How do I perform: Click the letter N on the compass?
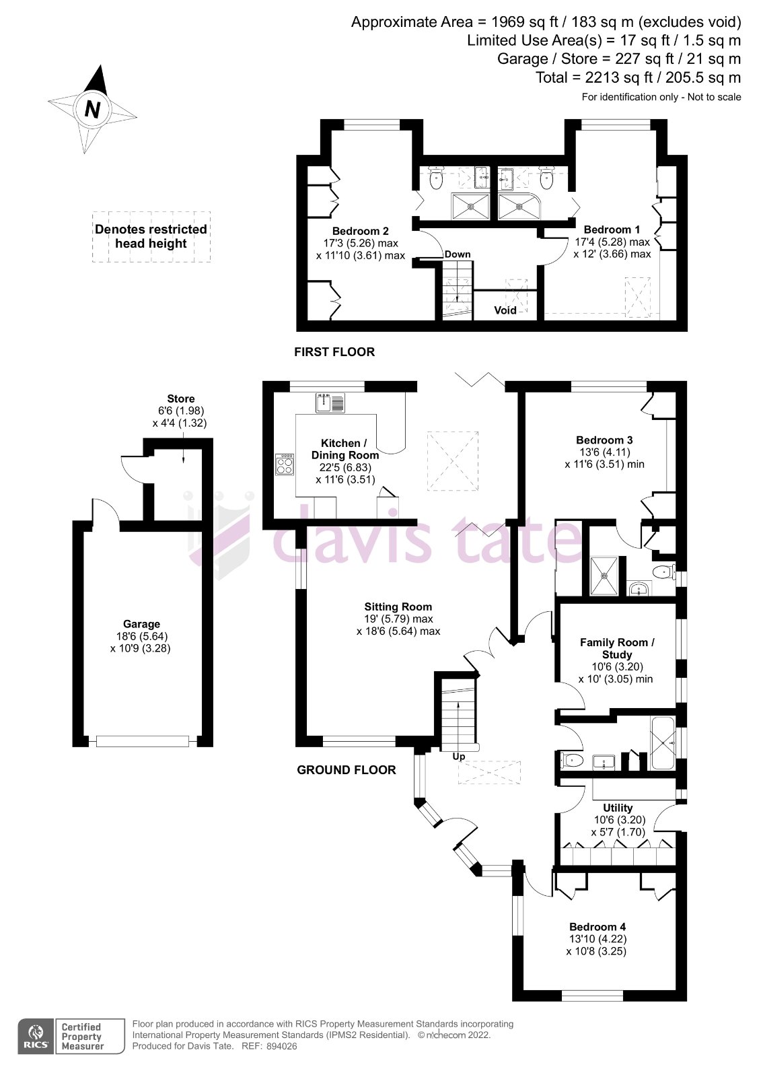tap(92, 109)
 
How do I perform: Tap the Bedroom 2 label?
tap(360, 231)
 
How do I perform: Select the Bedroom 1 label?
tap(612, 230)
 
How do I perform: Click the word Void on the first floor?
tap(505, 310)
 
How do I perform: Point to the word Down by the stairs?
tap(458, 254)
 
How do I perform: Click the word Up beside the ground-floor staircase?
tap(459, 757)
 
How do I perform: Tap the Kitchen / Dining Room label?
tap(345, 449)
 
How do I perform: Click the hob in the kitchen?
tap(285, 465)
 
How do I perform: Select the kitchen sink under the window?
tap(330, 403)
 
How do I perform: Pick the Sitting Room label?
tap(398, 606)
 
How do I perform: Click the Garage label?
tap(141, 624)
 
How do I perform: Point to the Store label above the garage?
tap(180, 398)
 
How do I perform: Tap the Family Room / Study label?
tap(617, 648)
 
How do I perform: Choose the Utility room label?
tap(618, 808)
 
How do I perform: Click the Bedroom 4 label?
tap(597, 927)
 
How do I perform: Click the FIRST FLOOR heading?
tap(334, 352)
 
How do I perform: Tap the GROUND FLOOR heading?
tap(347, 770)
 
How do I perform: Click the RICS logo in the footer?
tap(35, 1036)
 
